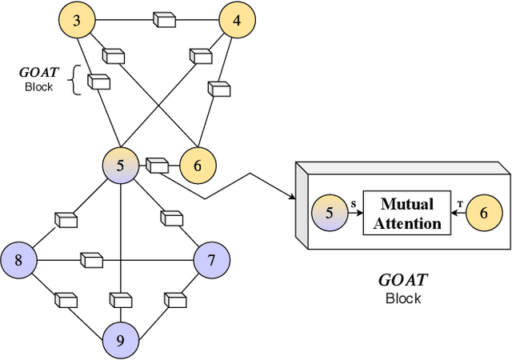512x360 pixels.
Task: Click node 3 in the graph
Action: (x=77, y=21)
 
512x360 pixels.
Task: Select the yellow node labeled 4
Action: (x=237, y=21)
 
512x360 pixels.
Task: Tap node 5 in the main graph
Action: (x=120, y=166)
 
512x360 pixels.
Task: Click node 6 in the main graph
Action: (x=197, y=166)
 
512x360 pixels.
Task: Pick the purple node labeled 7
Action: (x=212, y=260)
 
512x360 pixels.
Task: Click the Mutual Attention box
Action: (x=407, y=214)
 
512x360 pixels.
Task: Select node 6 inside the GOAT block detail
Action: (x=482, y=214)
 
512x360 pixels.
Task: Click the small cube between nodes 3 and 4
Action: (x=165, y=20)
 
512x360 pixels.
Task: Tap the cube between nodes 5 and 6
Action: (x=158, y=166)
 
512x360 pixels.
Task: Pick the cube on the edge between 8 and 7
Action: (x=92, y=260)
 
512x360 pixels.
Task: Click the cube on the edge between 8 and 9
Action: (x=66, y=301)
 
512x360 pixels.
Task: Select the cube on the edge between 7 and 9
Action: (x=174, y=301)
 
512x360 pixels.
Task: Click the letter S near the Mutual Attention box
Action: (x=354, y=203)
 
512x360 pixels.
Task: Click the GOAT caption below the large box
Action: (x=402, y=281)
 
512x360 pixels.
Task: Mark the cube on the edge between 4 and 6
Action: (x=218, y=86)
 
